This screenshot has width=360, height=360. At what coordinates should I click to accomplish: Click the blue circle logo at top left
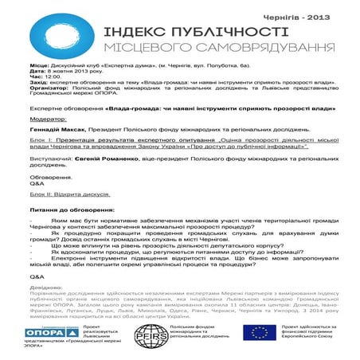click(x=53, y=34)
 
